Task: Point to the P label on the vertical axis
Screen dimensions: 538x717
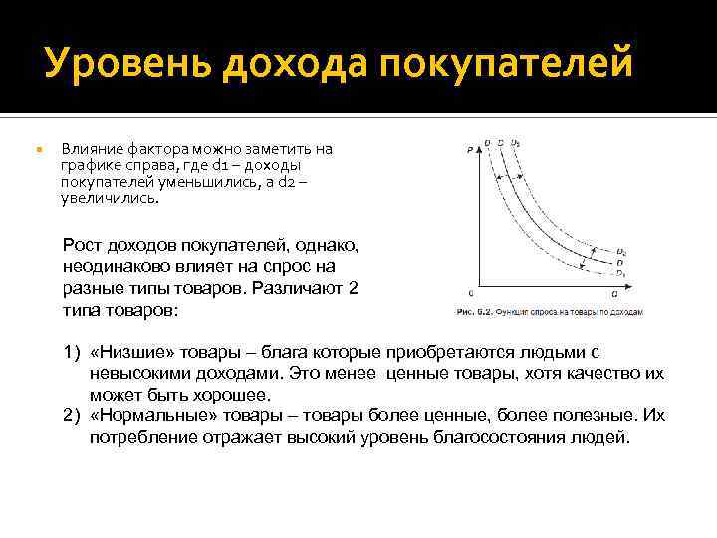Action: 468,150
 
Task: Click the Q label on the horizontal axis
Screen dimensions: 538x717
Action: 614,294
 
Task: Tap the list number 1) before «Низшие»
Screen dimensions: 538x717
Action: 71,352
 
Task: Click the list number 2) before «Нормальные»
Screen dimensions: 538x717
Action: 71,414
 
